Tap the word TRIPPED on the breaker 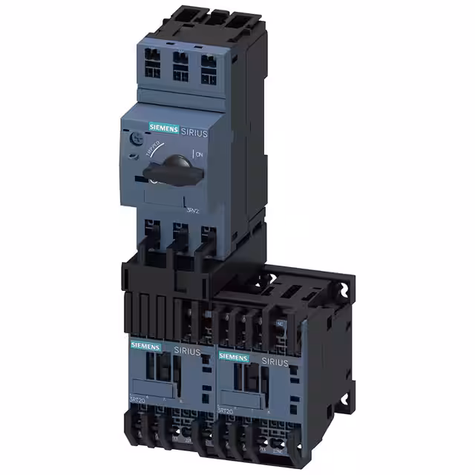click(154, 148)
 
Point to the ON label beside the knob click(199, 154)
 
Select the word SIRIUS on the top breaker click(194, 131)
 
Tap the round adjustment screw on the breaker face click(136, 139)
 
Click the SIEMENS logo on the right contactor click(234, 357)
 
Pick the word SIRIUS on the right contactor click(274, 361)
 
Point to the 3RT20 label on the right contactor click(227, 410)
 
